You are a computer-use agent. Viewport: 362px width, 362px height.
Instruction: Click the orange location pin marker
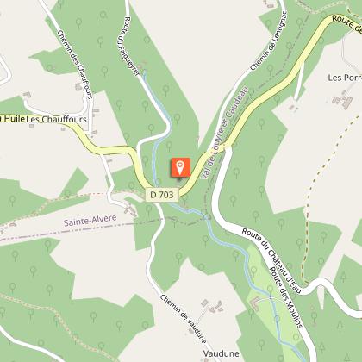[180, 167]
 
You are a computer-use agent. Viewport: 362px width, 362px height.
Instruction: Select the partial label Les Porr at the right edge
[344, 77]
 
